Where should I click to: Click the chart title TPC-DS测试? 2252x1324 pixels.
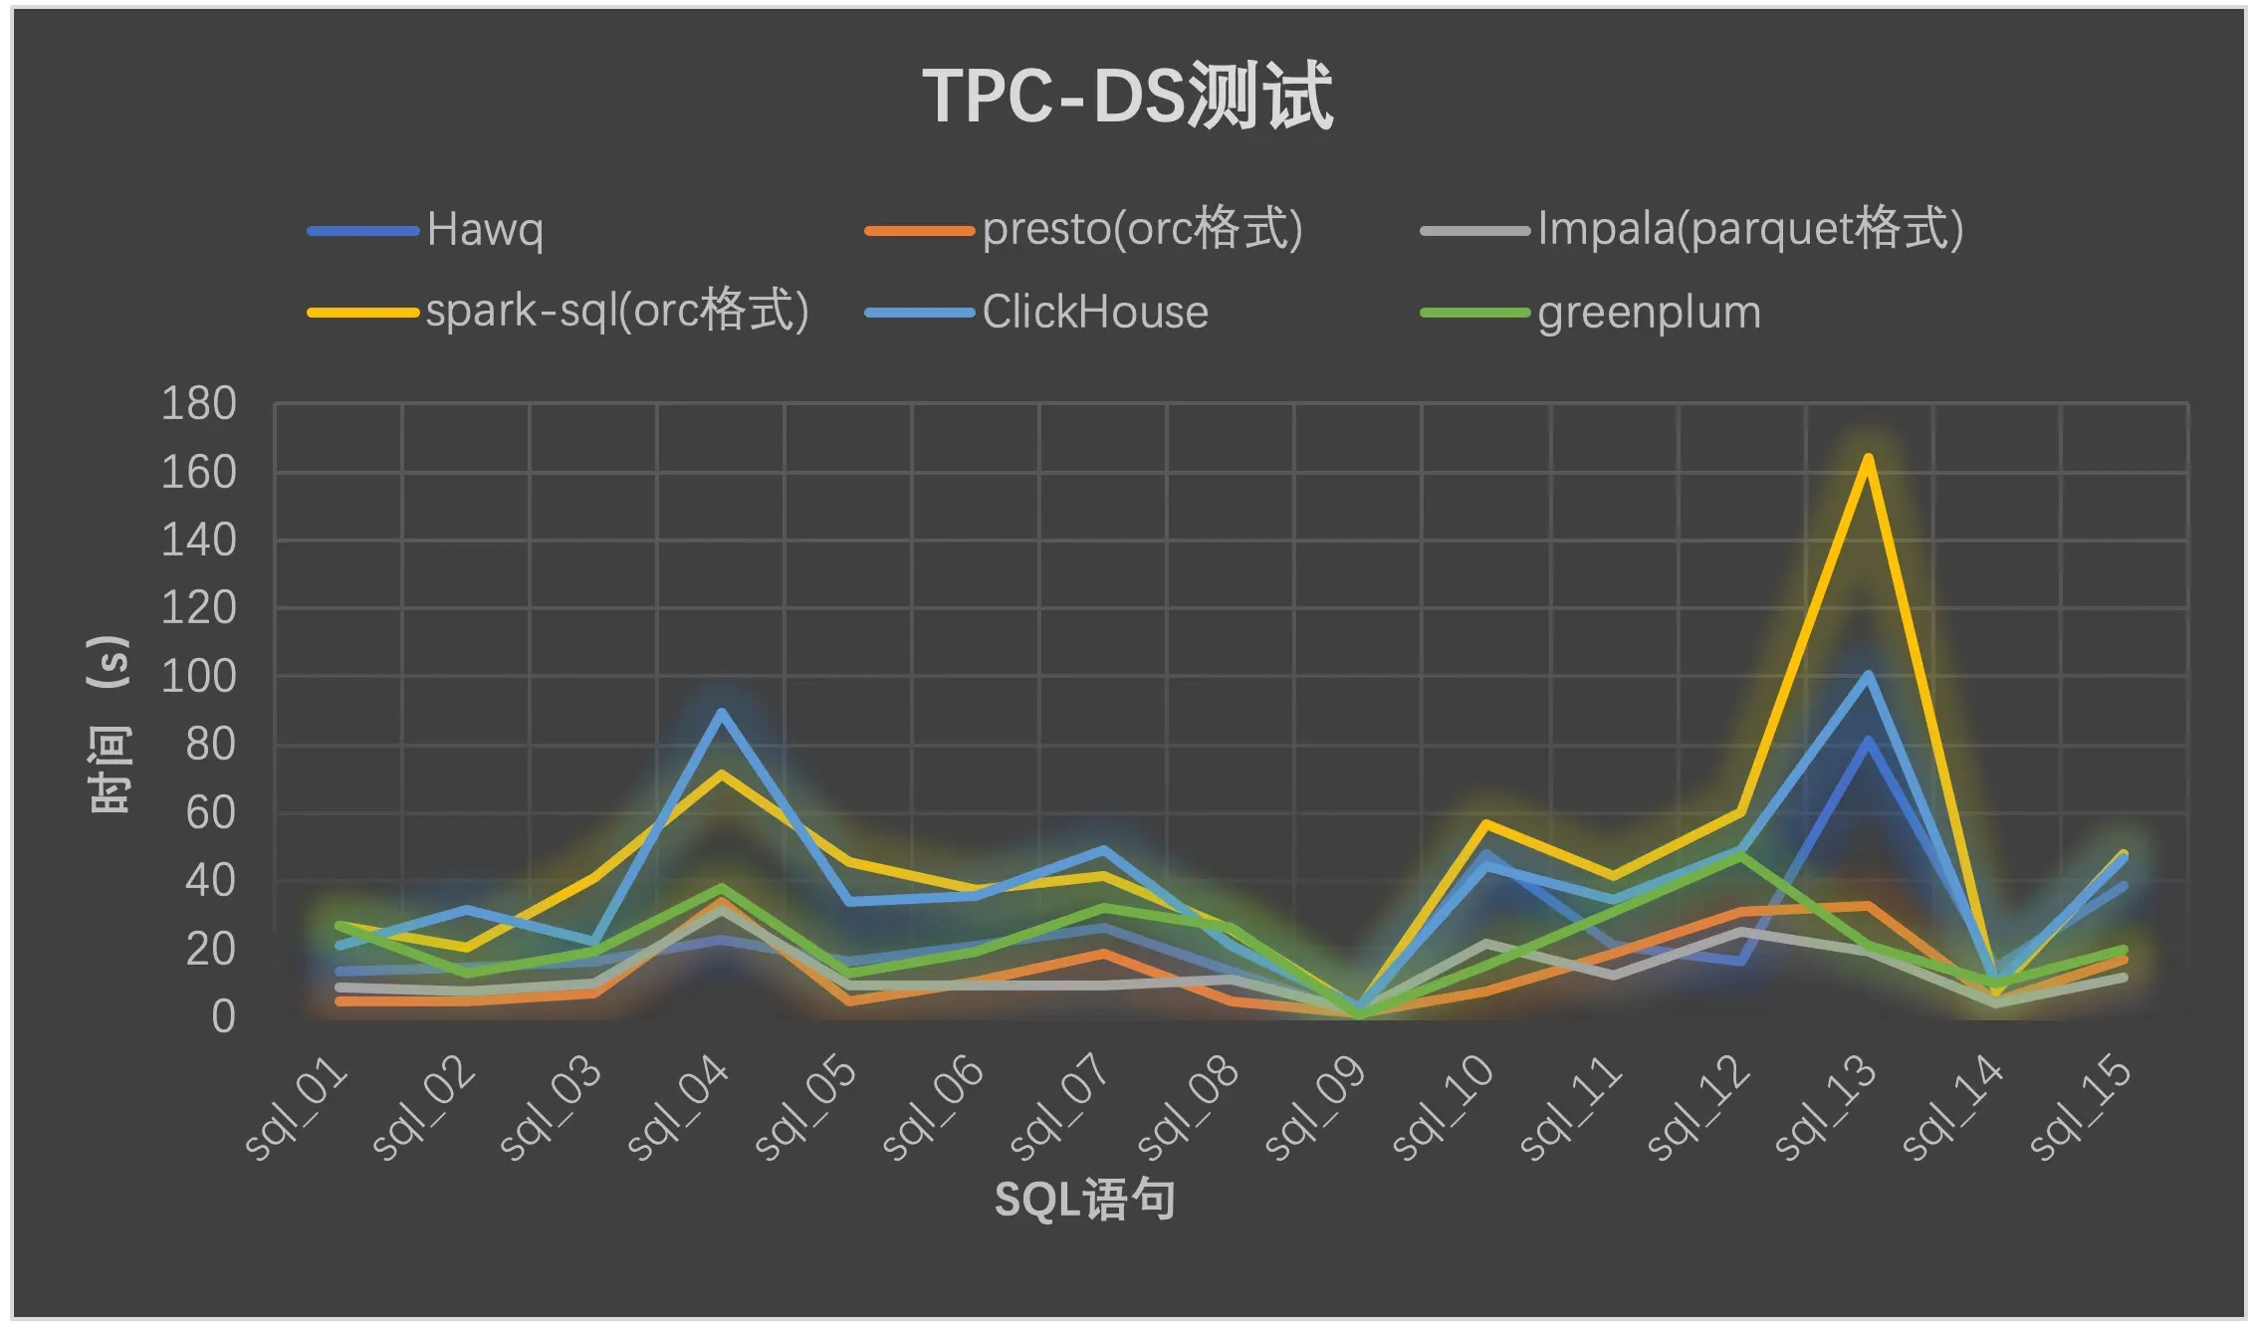(1127, 97)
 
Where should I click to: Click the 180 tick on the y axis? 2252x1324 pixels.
(199, 404)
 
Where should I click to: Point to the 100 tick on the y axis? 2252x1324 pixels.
(199, 677)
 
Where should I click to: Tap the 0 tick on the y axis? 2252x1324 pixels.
(223, 1017)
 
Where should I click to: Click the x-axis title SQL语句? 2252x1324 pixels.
(1084, 1200)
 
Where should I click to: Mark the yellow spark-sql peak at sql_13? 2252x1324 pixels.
(1868, 458)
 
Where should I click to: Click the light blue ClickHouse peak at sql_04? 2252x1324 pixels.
(721, 712)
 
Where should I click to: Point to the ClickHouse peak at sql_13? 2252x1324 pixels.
(1868, 675)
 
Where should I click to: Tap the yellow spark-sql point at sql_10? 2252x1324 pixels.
(1485, 824)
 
